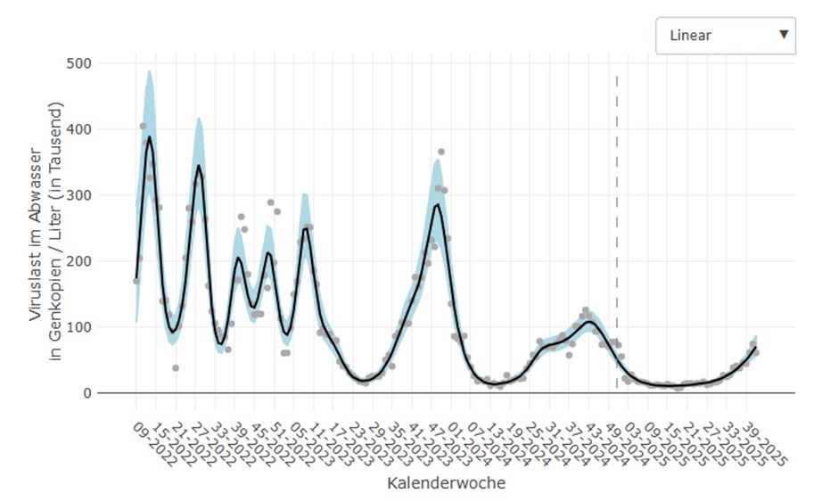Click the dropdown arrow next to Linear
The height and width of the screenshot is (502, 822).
click(783, 35)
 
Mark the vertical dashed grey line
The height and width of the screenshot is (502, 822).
click(616, 232)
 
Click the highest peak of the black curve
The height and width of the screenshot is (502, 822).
click(150, 137)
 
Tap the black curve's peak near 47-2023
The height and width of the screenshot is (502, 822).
click(438, 205)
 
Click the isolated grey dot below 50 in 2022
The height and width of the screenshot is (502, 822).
click(176, 367)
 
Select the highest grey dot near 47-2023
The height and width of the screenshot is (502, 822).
click(441, 152)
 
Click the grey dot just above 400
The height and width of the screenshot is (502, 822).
click(144, 127)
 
